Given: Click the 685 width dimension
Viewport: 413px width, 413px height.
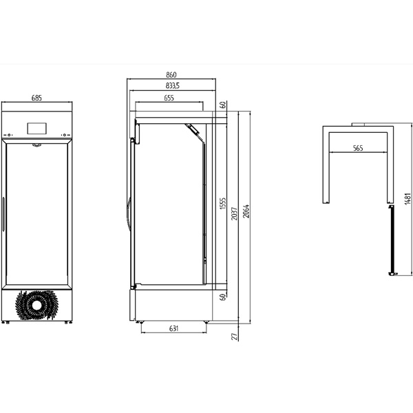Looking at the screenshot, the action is pyautogui.click(x=36, y=98).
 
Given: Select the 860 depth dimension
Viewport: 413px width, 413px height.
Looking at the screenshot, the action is pyautogui.click(x=171, y=75).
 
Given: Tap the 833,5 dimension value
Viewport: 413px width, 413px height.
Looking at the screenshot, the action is pyautogui.click(x=173, y=86).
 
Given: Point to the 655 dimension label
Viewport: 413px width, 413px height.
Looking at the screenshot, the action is pyautogui.click(x=169, y=98).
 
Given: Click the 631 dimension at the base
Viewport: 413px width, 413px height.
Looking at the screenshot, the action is pyautogui.click(x=174, y=328).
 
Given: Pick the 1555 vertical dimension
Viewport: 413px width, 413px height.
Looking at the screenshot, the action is pyautogui.click(x=223, y=203).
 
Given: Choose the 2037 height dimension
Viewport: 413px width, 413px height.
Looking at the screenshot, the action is pyautogui.click(x=235, y=213).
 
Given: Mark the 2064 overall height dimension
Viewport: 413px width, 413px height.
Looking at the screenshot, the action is pyautogui.click(x=246, y=211).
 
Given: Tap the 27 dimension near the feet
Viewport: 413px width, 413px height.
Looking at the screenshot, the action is pyautogui.click(x=235, y=337).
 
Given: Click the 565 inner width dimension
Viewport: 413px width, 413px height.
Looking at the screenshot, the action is pyautogui.click(x=358, y=148).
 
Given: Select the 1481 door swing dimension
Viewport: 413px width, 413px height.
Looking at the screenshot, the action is pyautogui.click(x=408, y=199).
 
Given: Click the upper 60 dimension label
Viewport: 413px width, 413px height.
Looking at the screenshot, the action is pyautogui.click(x=223, y=105).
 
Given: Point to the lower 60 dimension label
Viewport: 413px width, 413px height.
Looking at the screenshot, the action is pyautogui.click(x=223, y=297).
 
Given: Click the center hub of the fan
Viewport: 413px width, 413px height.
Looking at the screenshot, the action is pyautogui.click(x=36, y=305).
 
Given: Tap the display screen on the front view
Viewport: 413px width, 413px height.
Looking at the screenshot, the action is pyautogui.click(x=37, y=128).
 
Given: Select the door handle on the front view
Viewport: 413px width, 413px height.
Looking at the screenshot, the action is pyautogui.click(x=3, y=214).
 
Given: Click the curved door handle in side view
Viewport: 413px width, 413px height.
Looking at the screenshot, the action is pyautogui.click(x=128, y=215).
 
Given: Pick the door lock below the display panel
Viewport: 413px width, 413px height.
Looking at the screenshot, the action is pyautogui.click(x=36, y=145).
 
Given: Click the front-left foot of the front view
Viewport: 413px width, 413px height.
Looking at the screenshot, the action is pyautogui.click(x=8, y=322).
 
